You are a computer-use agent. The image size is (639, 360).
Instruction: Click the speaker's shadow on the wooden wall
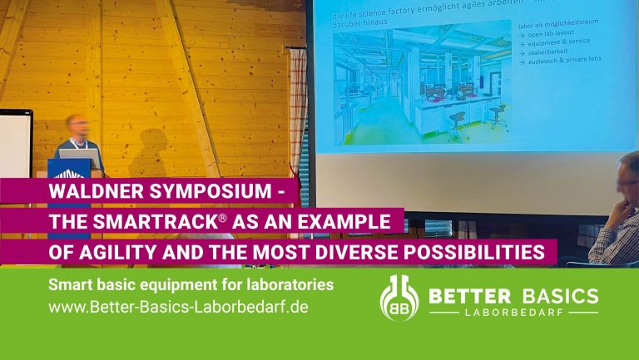coord(150,154)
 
